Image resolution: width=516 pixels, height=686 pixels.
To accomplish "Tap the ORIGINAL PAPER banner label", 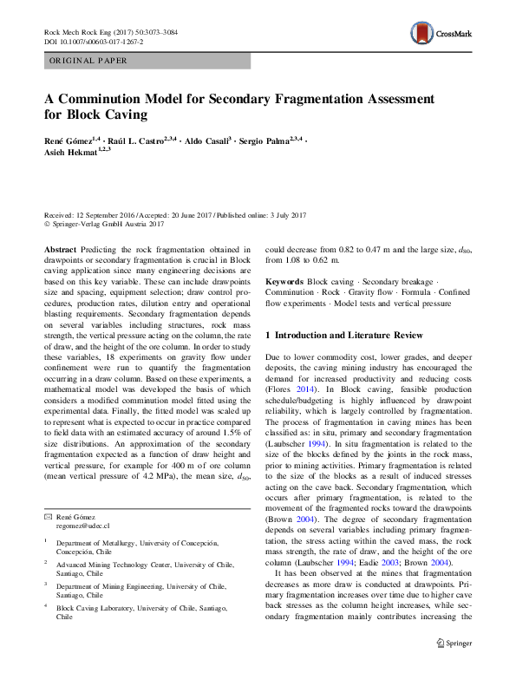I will pos(88,61).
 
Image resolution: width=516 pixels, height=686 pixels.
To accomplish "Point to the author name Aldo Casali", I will pos(205,140).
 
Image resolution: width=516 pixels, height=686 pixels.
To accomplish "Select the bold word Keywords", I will pos(284,283).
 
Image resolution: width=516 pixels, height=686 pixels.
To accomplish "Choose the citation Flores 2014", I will pos(288,390).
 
